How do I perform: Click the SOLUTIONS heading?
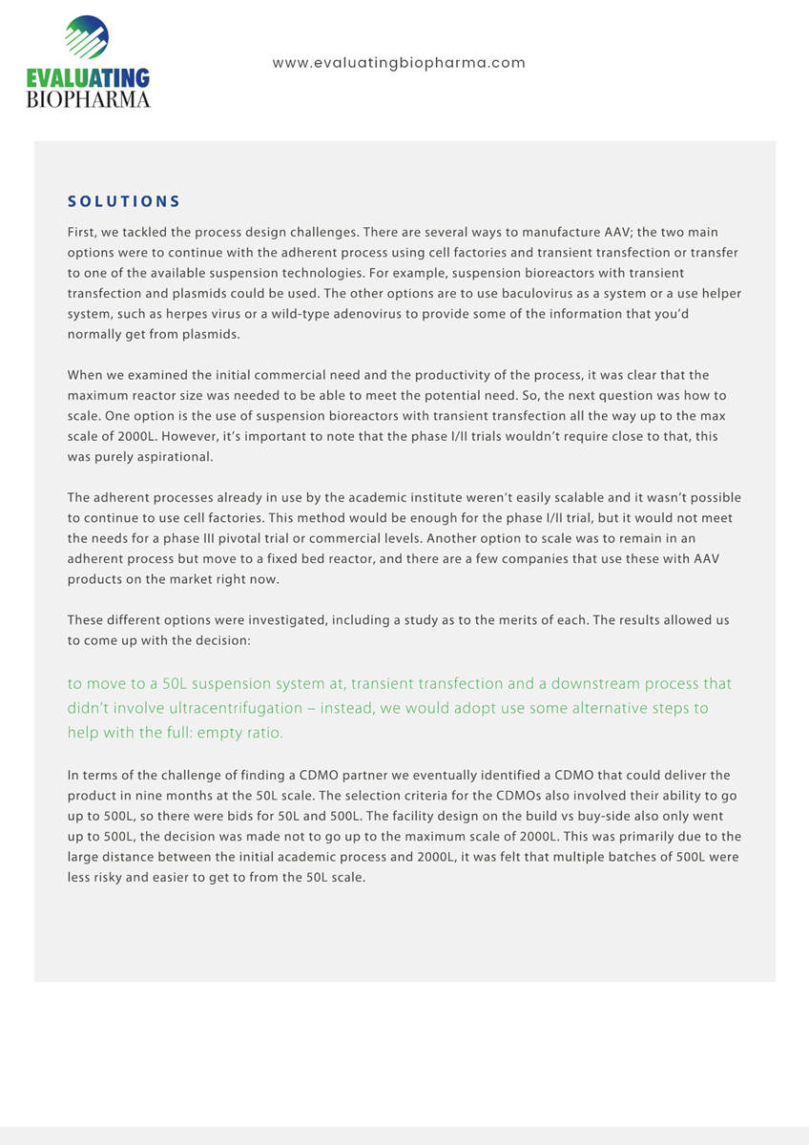pyautogui.click(x=124, y=201)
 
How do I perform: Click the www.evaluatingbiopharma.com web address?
pyautogui.click(x=399, y=63)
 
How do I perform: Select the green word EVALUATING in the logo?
pyautogui.click(x=89, y=78)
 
